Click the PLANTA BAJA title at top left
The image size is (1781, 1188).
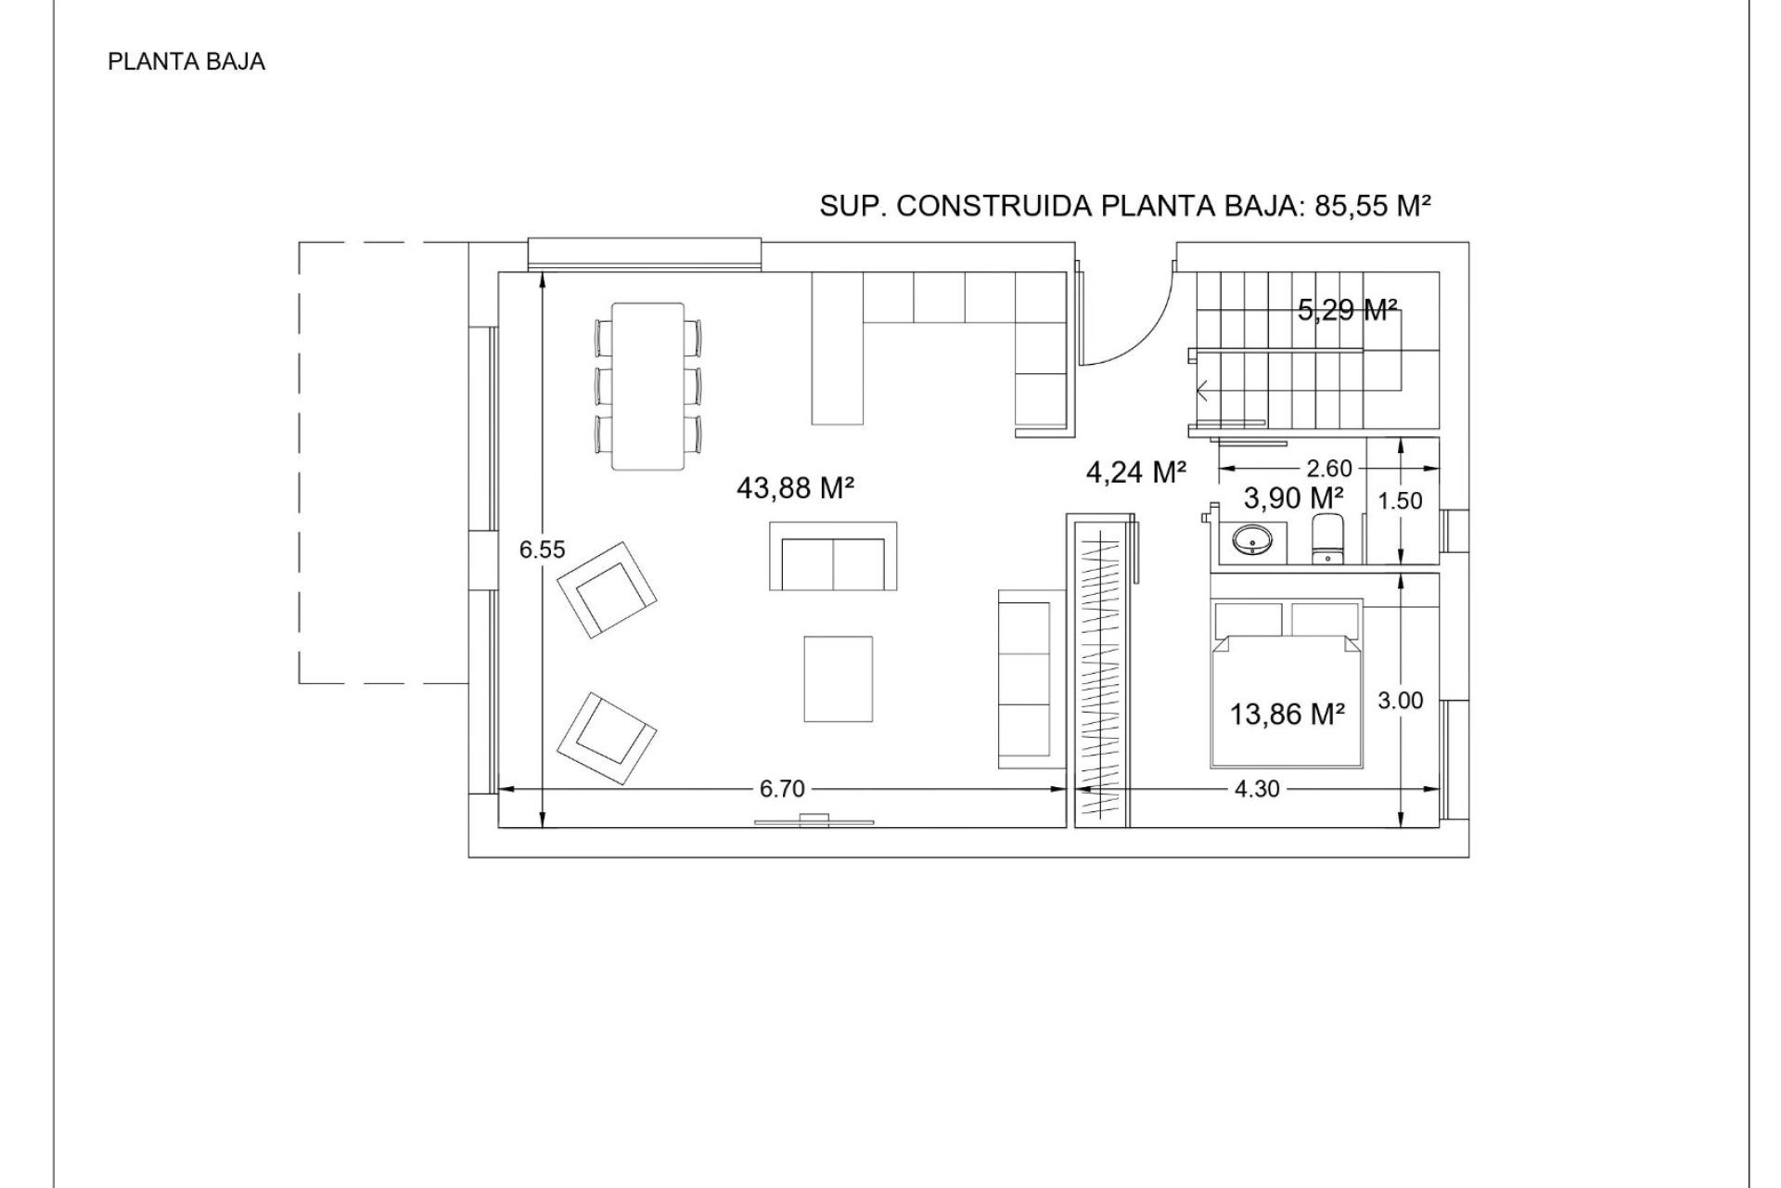[186, 62]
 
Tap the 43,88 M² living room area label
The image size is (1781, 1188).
[795, 488]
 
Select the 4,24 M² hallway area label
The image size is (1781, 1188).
[1136, 472]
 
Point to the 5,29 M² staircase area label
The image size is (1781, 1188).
[1348, 310]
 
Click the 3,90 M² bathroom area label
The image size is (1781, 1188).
[1294, 498]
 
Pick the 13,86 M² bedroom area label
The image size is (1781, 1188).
[1288, 714]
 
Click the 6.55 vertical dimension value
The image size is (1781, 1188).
[542, 549]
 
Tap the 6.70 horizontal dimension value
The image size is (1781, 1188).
[782, 789]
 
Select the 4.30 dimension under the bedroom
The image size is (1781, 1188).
[1257, 789]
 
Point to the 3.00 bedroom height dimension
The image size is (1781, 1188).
[1400, 701]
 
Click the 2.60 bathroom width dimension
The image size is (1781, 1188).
[1329, 470]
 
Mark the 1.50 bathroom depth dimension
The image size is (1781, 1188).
[1400, 501]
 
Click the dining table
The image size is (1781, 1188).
[648, 386]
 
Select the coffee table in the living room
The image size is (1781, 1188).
[839, 678]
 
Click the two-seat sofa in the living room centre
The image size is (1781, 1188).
[834, 556]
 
